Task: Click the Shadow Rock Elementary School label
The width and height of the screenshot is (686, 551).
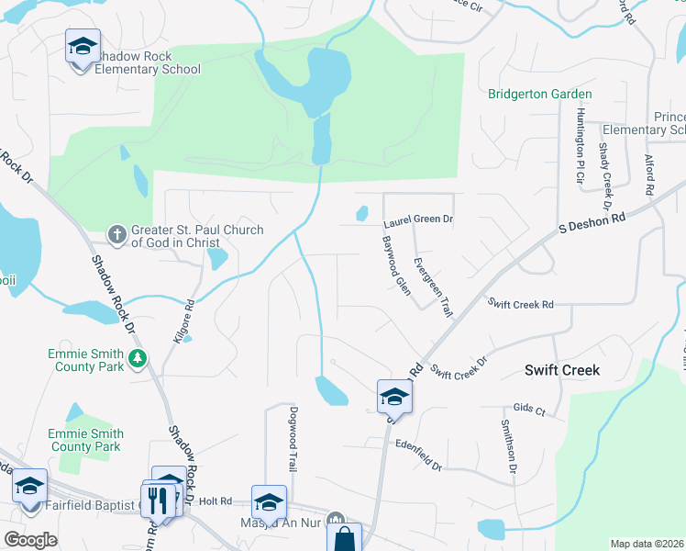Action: point(146,62)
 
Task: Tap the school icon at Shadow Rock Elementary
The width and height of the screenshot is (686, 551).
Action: point(83,47)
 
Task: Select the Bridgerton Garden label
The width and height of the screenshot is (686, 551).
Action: point(539,94)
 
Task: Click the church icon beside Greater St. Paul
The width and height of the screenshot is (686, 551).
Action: point(117,235)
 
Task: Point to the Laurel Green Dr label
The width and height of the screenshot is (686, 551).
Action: point(418,220)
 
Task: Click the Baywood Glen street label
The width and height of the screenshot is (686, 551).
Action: point(396,265)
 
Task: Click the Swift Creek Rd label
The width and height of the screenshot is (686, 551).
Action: point(521,304)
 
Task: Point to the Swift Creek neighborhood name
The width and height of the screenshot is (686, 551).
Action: point(561,370)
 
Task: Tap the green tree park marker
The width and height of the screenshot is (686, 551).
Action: point(138,357)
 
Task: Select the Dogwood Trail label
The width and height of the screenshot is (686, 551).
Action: point(293,439)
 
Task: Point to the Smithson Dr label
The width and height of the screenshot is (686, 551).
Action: point(507,446)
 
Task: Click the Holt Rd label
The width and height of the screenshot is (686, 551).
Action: point(214,501)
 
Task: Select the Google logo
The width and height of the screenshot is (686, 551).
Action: point(31,539)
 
